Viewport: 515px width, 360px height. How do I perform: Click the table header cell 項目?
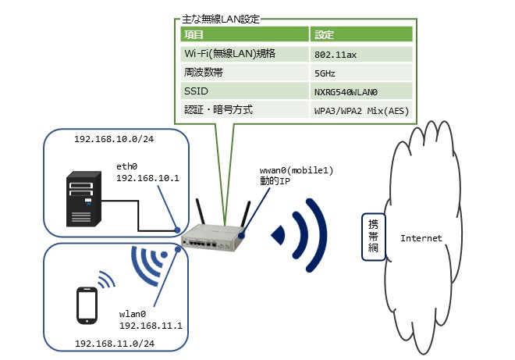(x=194, y=35)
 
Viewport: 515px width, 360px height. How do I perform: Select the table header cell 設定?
(x=325, y=35)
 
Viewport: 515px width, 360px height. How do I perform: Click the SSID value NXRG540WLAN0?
(x=346, y=91)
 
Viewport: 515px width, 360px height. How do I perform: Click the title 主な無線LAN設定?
(x=221, y=17)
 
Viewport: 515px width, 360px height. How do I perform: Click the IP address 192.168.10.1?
(x=147, y=177)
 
